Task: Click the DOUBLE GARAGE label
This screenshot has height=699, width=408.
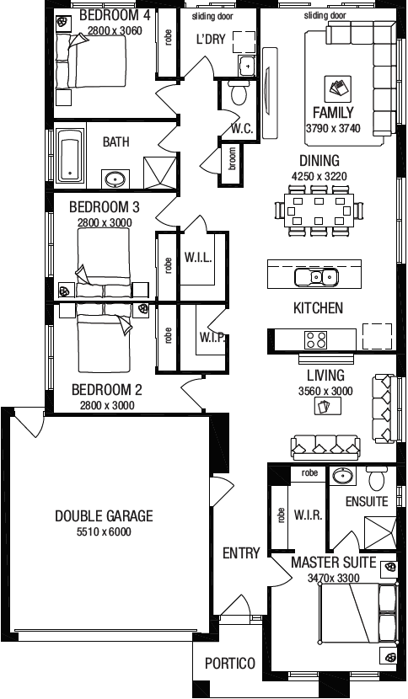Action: (104, 516)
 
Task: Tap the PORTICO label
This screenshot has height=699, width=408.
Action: (230, 664)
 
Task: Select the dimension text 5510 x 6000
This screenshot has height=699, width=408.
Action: (104, 532)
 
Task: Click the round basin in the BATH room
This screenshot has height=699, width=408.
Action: (115, 179)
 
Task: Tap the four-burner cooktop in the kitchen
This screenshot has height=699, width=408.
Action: (315, 339)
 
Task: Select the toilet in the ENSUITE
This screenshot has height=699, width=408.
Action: (377, 479)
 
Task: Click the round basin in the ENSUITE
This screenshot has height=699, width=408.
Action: (342, 478)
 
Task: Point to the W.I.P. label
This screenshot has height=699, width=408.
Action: (212, 338)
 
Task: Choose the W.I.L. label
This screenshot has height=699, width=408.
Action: (197, 257)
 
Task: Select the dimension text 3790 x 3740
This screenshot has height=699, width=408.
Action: (333, 129)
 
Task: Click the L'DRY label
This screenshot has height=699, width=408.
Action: (211, 39)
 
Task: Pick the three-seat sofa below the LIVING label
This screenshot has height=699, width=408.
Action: (324, 446)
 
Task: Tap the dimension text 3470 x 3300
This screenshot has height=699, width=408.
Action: (333, 579)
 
